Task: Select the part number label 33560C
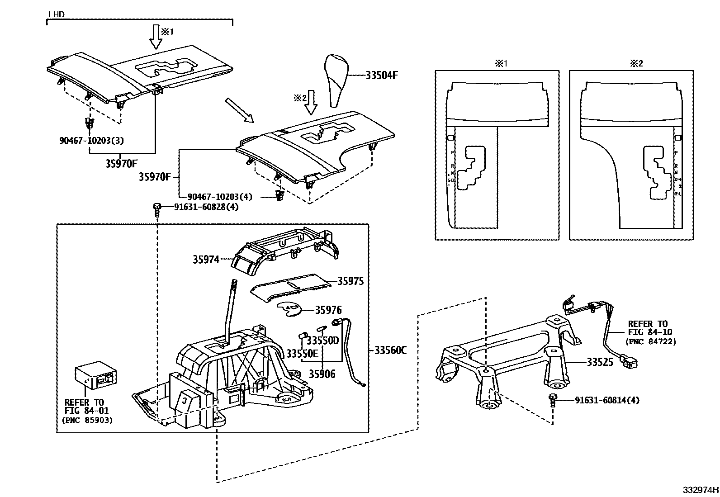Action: [x=390, y=350]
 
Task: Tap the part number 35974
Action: [x=206, y=260]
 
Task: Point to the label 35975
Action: [x=351, y=281]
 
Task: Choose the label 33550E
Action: [x=302, y=354]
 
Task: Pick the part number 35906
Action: [x=322, y=374]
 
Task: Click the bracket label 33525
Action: [x=600, y=362]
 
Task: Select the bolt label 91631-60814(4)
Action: [x=607, y=400]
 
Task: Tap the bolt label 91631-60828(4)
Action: [x=206, y=207]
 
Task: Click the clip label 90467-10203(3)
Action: [x=91, y=140]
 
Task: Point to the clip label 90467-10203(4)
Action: [x=220, y=197]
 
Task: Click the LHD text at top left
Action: [x=56, y=14]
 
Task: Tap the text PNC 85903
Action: [x=87, y=420]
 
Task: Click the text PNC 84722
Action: [x=650, y=342]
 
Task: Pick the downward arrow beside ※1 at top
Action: [x=156, y=37]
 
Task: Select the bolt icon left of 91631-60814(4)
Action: [x=553, y=401]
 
